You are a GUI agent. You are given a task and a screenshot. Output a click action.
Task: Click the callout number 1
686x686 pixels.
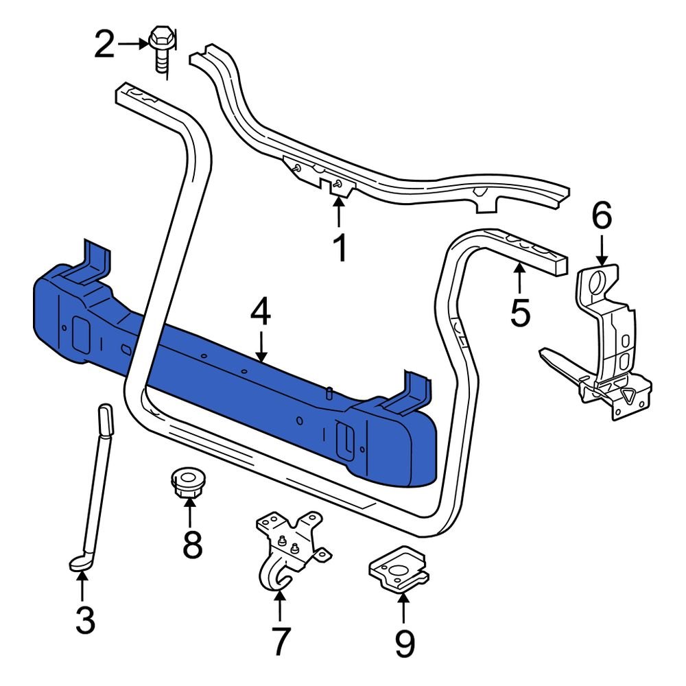coord(340,248)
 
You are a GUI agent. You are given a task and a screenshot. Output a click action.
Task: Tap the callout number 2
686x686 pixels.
coord(104,45)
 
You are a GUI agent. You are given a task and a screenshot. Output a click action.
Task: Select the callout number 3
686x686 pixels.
coord(84,621)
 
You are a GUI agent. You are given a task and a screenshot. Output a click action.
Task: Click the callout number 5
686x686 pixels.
coord(520,313)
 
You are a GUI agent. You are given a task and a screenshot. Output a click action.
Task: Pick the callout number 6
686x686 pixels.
coord(601,217)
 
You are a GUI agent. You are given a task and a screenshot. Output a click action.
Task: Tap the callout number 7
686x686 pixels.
coord(281,641)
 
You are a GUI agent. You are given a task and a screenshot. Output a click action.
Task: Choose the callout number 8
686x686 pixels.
coord(191,545)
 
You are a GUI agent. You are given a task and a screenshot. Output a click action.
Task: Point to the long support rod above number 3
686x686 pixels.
coord(96,480)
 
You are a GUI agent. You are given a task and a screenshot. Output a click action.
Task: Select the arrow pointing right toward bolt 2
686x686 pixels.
coord(132,44)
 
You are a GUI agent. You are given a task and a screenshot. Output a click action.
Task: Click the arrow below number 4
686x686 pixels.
coord(261,346)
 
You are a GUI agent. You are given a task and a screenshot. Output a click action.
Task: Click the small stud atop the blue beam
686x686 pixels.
coord(329,393)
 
